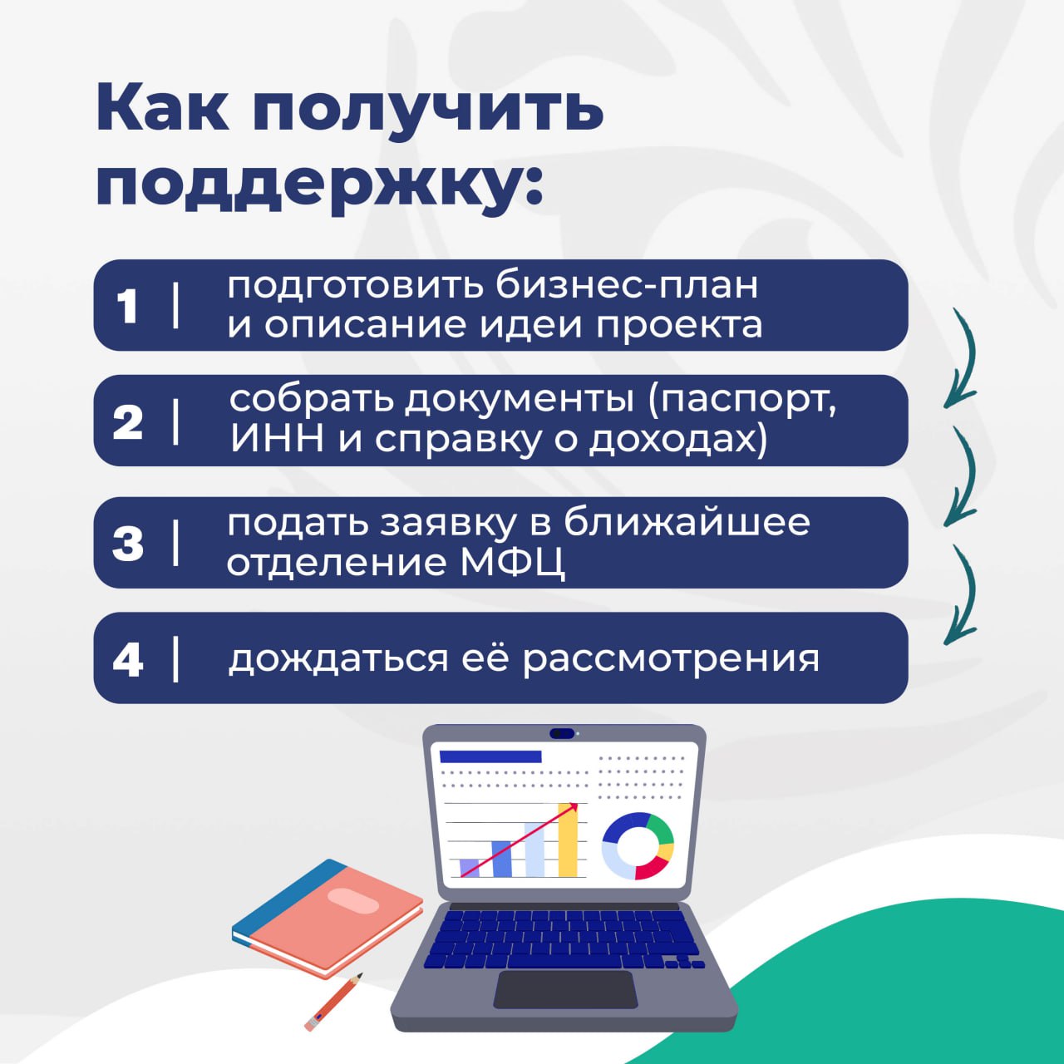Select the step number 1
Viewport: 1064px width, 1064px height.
pos(127,306)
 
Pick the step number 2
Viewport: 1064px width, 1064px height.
pos(128,422)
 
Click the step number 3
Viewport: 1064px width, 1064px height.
pos(128,544)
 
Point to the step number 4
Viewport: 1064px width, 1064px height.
pos(128,659)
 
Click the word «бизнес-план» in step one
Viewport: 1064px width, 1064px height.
pos(627,286)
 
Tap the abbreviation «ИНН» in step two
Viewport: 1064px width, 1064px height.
pos(277,439)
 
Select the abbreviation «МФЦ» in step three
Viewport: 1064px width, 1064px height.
pos(512,563)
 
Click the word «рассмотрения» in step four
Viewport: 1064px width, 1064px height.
pos(671,659)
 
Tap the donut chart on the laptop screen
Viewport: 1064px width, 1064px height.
pos(638,845)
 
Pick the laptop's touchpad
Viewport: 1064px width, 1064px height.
pos(565,988)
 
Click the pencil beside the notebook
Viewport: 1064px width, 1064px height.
pos(333,1002)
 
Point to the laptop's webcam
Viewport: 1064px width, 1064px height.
pos(562,733)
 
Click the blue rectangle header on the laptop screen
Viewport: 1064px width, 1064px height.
pos(490,756)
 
